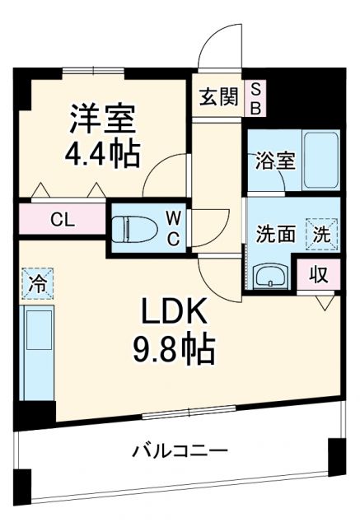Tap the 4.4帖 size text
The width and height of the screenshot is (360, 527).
click(x=103, y=153)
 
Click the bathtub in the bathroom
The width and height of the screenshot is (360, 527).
click(x=320, y=160)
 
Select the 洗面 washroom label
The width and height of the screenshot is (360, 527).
click(x=274, y=233)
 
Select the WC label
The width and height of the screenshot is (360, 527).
click(x=175, y=227)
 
